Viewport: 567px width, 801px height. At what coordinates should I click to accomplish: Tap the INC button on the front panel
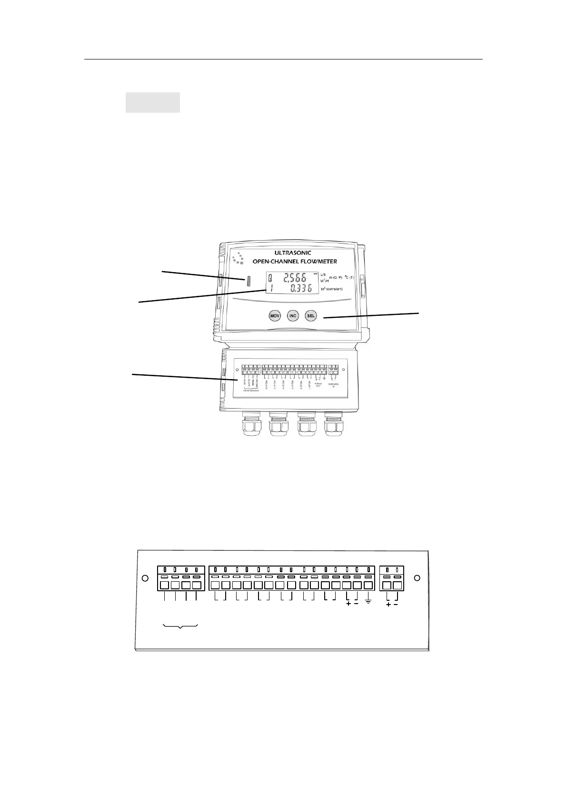click(293, 316)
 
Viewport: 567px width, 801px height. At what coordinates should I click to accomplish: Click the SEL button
click(311, 316)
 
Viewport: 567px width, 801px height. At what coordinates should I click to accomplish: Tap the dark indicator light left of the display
click(249, 281)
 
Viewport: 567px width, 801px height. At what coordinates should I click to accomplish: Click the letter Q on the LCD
click(270, 278)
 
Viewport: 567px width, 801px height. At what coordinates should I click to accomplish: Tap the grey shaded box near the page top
click(152, 102)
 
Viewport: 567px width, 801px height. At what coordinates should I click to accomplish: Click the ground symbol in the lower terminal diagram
click(368, 603)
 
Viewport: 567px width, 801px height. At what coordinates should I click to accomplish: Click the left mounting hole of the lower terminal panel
click(146, 578)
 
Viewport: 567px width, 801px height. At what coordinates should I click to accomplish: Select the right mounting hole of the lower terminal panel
click(417, 578)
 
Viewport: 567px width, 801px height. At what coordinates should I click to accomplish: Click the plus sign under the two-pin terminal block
click(388, 605)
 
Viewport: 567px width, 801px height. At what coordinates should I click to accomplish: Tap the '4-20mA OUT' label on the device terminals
click(318, 385)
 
